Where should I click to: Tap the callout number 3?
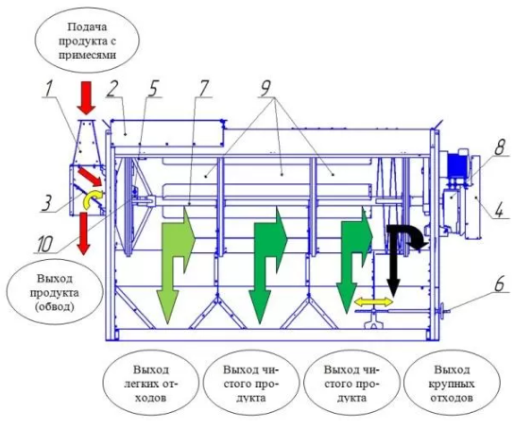(x=46, y=204)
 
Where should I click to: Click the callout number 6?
(x=500, y=283)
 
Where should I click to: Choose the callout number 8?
(x=499, y=147)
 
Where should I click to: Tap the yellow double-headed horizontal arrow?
(x=374, y=301)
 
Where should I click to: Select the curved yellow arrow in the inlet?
(x=92, y=199)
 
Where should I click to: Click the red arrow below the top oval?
(x=86, y=98)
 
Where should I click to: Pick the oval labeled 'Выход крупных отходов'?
(x=451, y=384)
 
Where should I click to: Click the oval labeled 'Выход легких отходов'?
(x=150, y=384)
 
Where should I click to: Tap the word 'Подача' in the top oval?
(x=87, y=27)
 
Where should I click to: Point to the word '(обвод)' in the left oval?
(x=55, y=306)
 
